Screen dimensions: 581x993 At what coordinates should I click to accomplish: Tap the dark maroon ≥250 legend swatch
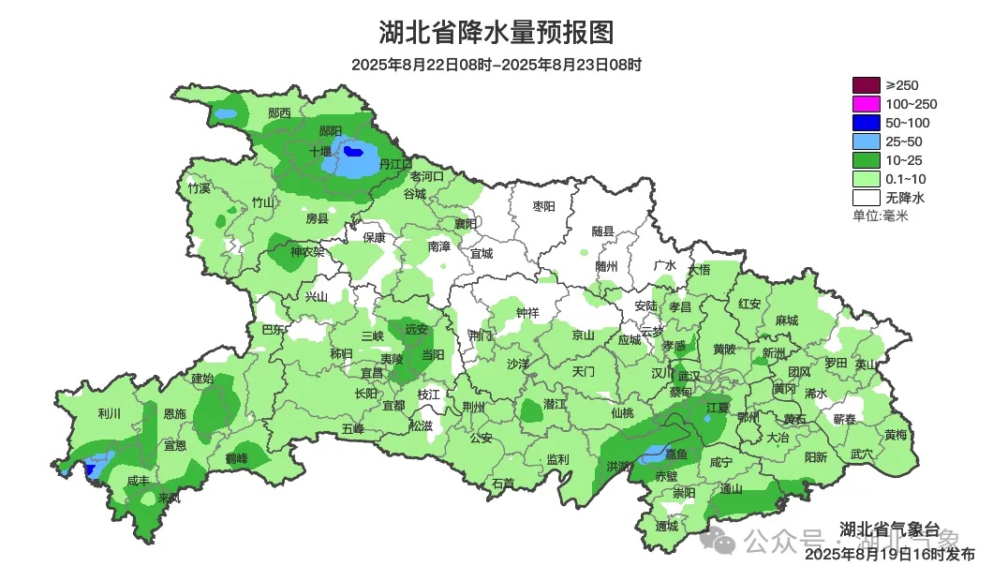(866, 85)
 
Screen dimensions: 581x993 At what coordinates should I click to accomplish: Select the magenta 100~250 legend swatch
(866, 104)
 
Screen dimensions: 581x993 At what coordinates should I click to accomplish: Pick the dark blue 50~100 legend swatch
(866, 123)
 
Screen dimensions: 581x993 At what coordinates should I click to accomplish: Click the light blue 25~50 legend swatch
(866, 142)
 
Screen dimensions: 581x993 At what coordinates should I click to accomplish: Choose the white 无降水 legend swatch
(866, 198)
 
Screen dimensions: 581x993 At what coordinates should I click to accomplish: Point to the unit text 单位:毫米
(880, 216)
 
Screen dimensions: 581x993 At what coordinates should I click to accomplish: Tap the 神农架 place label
(307, 251)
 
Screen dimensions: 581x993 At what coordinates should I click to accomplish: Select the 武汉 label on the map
(689, 375)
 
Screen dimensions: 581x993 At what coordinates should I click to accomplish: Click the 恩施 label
(174, 413)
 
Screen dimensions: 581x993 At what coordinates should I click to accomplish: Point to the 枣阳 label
(543, 205)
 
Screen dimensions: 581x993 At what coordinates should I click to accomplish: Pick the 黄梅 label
(895, 435)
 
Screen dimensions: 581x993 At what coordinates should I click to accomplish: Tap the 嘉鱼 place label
(676, 454)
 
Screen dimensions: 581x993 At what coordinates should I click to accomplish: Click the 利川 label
(109, 413)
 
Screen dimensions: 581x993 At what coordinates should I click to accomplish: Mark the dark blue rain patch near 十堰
(353, 150)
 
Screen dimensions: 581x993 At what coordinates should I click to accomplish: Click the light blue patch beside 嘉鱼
(652, 455)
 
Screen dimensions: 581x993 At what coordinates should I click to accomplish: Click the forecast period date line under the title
(496, 65)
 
